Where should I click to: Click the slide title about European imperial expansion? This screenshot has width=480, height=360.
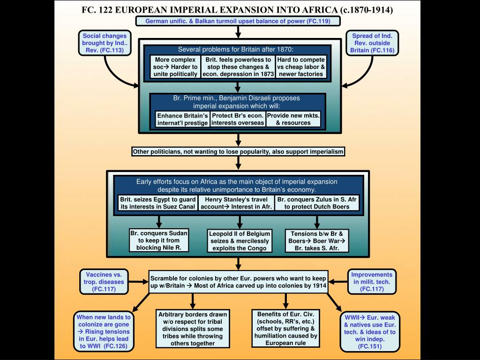(238, 9)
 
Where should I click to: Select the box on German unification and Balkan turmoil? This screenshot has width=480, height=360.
(238, 22)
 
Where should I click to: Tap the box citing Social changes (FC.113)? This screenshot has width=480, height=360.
(105, 43)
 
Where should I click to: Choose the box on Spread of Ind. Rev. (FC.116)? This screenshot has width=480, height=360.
(373, 43)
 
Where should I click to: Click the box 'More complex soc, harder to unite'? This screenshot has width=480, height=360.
(176, 67)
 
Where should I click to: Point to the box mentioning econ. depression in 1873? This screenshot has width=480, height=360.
(238, 67)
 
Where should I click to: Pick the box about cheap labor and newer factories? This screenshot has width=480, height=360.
(300, 67)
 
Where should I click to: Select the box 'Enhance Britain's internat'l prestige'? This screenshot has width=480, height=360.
(182, 119)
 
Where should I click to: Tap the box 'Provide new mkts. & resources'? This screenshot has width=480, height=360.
(293, 119)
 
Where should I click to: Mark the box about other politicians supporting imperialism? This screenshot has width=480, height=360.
(238, 151)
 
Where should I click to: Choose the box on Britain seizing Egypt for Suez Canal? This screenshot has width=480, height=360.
(157, 203)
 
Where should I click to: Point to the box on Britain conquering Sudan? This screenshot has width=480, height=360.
(159, 240)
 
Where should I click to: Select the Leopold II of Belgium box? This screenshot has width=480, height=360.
(240, 241)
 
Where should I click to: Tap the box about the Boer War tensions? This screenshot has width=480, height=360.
(317, 240)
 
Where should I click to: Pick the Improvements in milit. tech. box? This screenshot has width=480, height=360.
(373, 282)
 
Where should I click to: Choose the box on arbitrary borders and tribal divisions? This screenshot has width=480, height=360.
(193, 329)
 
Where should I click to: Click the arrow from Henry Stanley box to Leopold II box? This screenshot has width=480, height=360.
(240, 221)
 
